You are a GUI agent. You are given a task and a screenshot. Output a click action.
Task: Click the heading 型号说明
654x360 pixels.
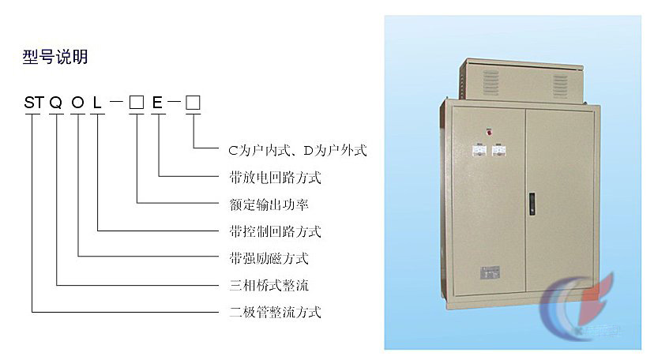pos(55,57)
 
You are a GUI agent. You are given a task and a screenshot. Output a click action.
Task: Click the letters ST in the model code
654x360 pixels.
pos(34,103)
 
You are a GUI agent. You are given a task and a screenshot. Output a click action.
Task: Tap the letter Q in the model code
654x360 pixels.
pos(56,103)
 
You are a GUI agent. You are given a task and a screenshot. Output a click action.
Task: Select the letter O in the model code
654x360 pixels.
pos(78,103)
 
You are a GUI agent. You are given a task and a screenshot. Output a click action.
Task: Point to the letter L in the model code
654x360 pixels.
pos(97,103)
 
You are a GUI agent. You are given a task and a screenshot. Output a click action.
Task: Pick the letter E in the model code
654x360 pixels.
pos(157,103)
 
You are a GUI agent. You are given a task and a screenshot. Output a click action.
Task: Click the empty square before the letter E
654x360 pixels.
pos(137,103)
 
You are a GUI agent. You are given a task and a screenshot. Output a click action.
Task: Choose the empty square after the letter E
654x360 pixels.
pos(193,103)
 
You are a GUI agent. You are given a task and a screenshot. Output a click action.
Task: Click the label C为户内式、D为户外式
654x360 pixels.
pos(298,150)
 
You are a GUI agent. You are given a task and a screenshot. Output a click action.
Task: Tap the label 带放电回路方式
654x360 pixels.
pos(276,177)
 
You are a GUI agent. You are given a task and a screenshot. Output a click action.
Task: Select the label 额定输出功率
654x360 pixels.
pos(269,204)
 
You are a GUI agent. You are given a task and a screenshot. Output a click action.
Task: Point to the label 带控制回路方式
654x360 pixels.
pos(276,231)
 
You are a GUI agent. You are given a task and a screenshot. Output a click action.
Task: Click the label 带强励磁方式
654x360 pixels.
pos(269,258)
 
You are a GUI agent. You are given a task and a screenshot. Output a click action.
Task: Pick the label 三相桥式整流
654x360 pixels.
pos(269,286)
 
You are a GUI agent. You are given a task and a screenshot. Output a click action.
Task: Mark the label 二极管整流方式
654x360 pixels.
pos(276,312)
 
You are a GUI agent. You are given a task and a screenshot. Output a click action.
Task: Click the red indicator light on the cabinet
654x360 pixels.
pos(489,132)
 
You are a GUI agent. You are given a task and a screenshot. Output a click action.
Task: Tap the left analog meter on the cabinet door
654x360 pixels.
pos(479,151)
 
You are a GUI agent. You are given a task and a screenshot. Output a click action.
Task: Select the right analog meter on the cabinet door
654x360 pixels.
pos(499,151)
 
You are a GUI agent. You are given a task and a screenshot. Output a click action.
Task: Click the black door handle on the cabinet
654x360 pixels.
pos(532,204)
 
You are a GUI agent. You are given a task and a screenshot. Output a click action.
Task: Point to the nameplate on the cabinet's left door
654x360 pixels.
pos(490,273)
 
